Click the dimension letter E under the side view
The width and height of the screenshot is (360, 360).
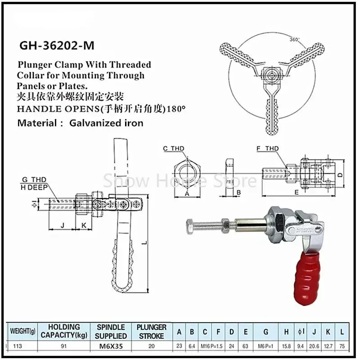coord(296,191)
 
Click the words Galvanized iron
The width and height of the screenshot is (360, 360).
coord(106,123)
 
